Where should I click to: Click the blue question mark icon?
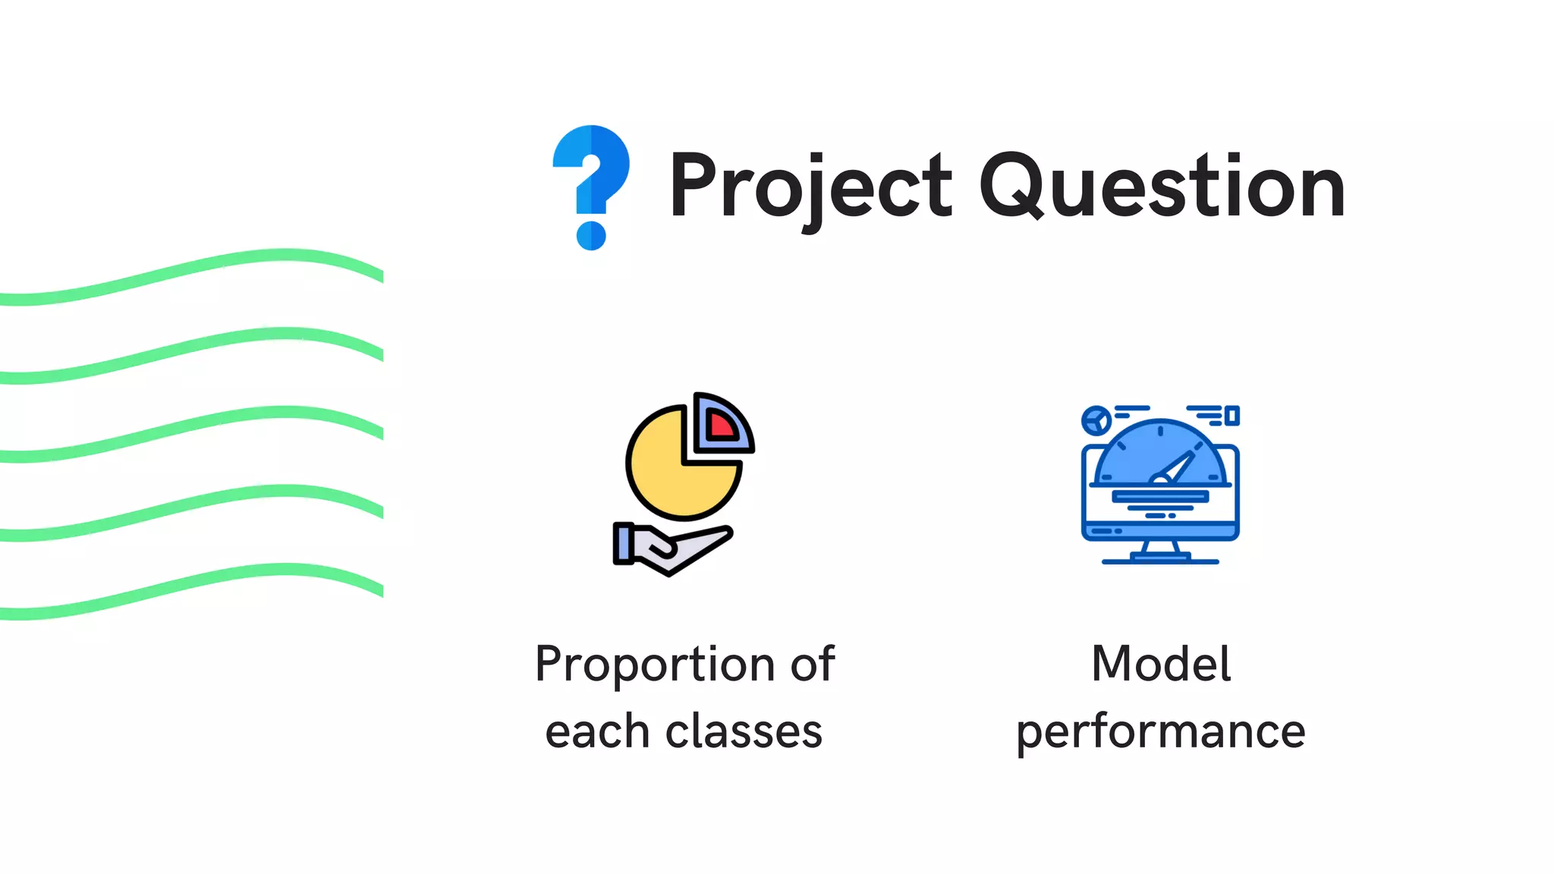(x=591, y=174)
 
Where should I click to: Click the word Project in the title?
(x=810, y=187)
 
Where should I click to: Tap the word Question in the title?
(x=1162, y=187)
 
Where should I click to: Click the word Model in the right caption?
(x=1161, y=664)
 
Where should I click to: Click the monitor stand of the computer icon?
(x=1160, y=552)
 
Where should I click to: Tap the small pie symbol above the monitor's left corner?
(x=1096, y=420)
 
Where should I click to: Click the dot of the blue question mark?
(x=591, y=235)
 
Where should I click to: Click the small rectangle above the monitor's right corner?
(x=1232, y=415)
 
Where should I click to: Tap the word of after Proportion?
(x=813, y=664)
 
